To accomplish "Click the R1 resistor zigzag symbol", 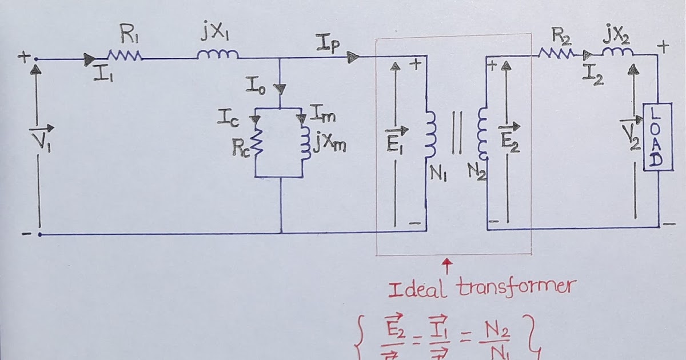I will pos(124,56).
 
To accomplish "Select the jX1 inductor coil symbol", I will pos(218,55).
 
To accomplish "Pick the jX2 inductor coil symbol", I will pos(619,53).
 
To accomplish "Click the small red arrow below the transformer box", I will pos(448,265).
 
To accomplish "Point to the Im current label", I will pos(322,116).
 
